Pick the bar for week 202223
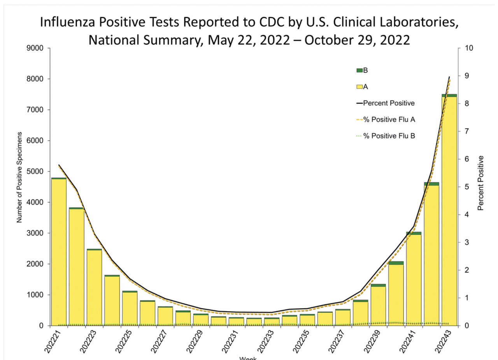[94, 288]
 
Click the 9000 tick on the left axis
[39, 48]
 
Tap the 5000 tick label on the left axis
[39, 171]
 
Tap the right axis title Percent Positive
[480, 183]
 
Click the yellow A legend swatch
[359, 87]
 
